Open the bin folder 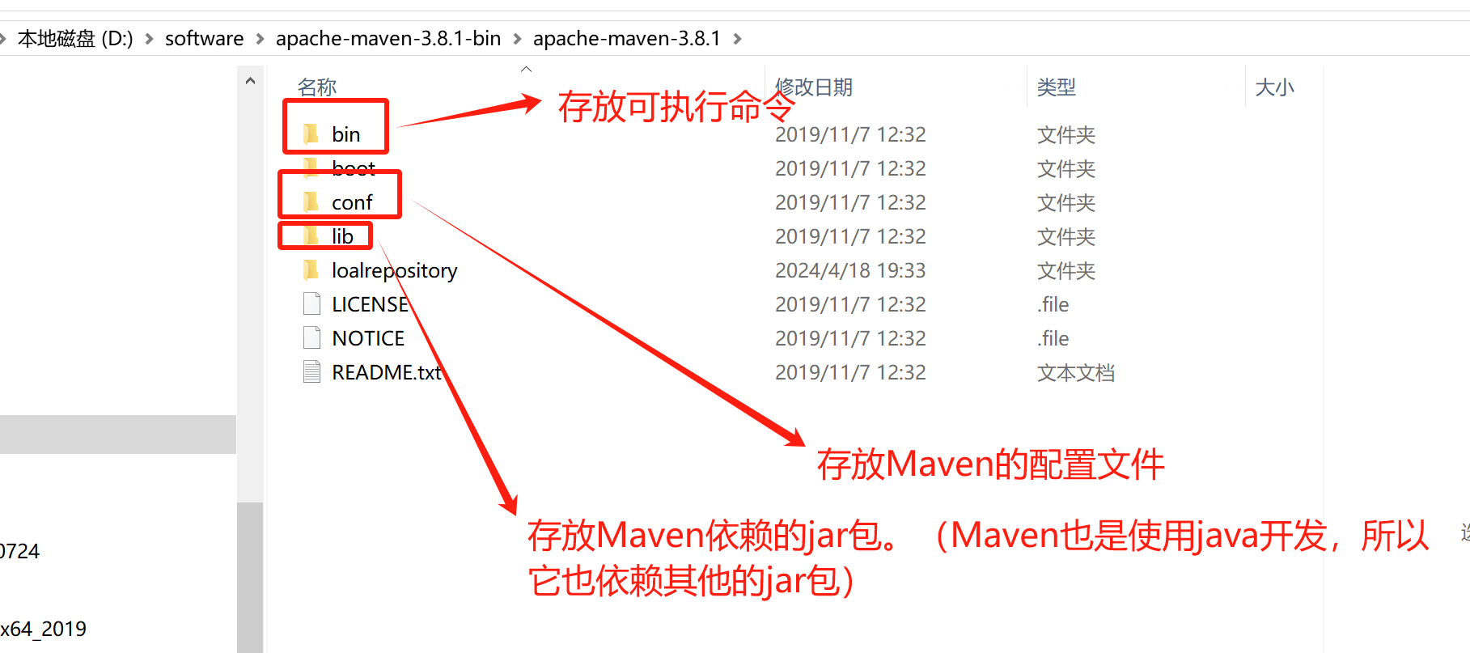345,134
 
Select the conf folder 351,202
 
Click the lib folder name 342,236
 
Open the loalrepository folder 394,270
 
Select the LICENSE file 370,304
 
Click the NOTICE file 367,338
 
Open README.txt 386,372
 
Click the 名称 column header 316,87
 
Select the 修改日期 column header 814,87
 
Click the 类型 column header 1056,87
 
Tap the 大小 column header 1274,87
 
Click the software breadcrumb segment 204,39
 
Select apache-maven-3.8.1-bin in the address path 388,39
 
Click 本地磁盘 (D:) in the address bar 75,39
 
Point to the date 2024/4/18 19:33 849,270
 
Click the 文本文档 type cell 1075,373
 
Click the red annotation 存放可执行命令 676,107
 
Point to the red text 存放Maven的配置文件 990,464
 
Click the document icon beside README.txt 311,372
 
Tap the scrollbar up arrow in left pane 250,81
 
